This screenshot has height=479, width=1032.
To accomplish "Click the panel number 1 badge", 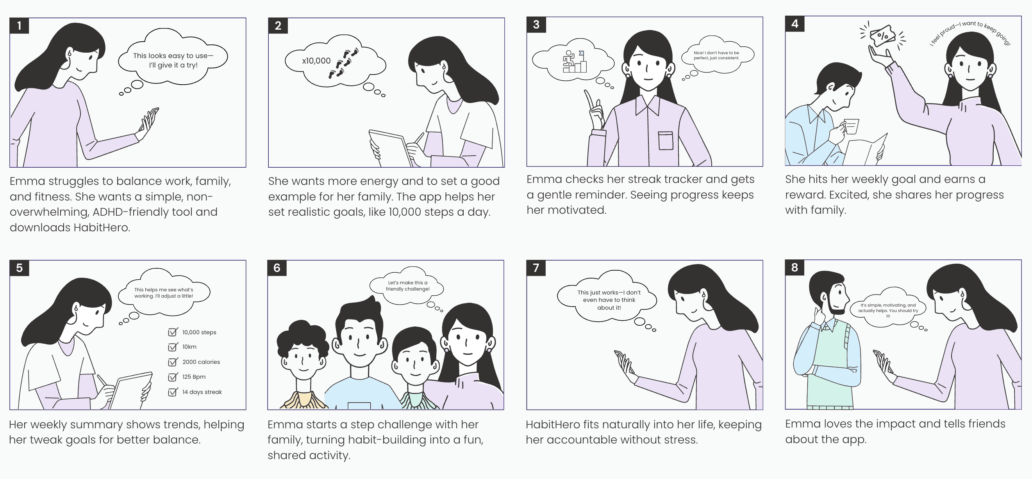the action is pyautogui.click(x=19, y=26).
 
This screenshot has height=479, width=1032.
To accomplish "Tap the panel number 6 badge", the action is pyautogui.click(x=277, y=268).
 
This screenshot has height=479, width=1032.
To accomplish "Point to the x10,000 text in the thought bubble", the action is pyautogui.click(x=316, y=61).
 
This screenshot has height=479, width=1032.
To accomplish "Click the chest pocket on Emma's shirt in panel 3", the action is pyautogui.click(x=666, y=140).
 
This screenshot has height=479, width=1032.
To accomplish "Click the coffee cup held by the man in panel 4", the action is pyautogui.click(x=851, y=126).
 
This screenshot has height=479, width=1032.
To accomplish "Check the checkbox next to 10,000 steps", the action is pyautogui.click(x=173, y=332).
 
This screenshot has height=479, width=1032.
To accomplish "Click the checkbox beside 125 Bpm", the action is pyautogui.click(x=173, y=376).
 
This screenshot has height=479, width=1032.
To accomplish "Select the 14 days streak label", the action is pyautogui.click(x=202, y=392).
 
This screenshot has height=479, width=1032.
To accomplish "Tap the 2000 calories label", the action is pyautogui.click(x=201, y=362).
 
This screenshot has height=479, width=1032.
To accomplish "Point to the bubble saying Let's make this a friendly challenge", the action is pyautogui.click(x=407, y=286).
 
